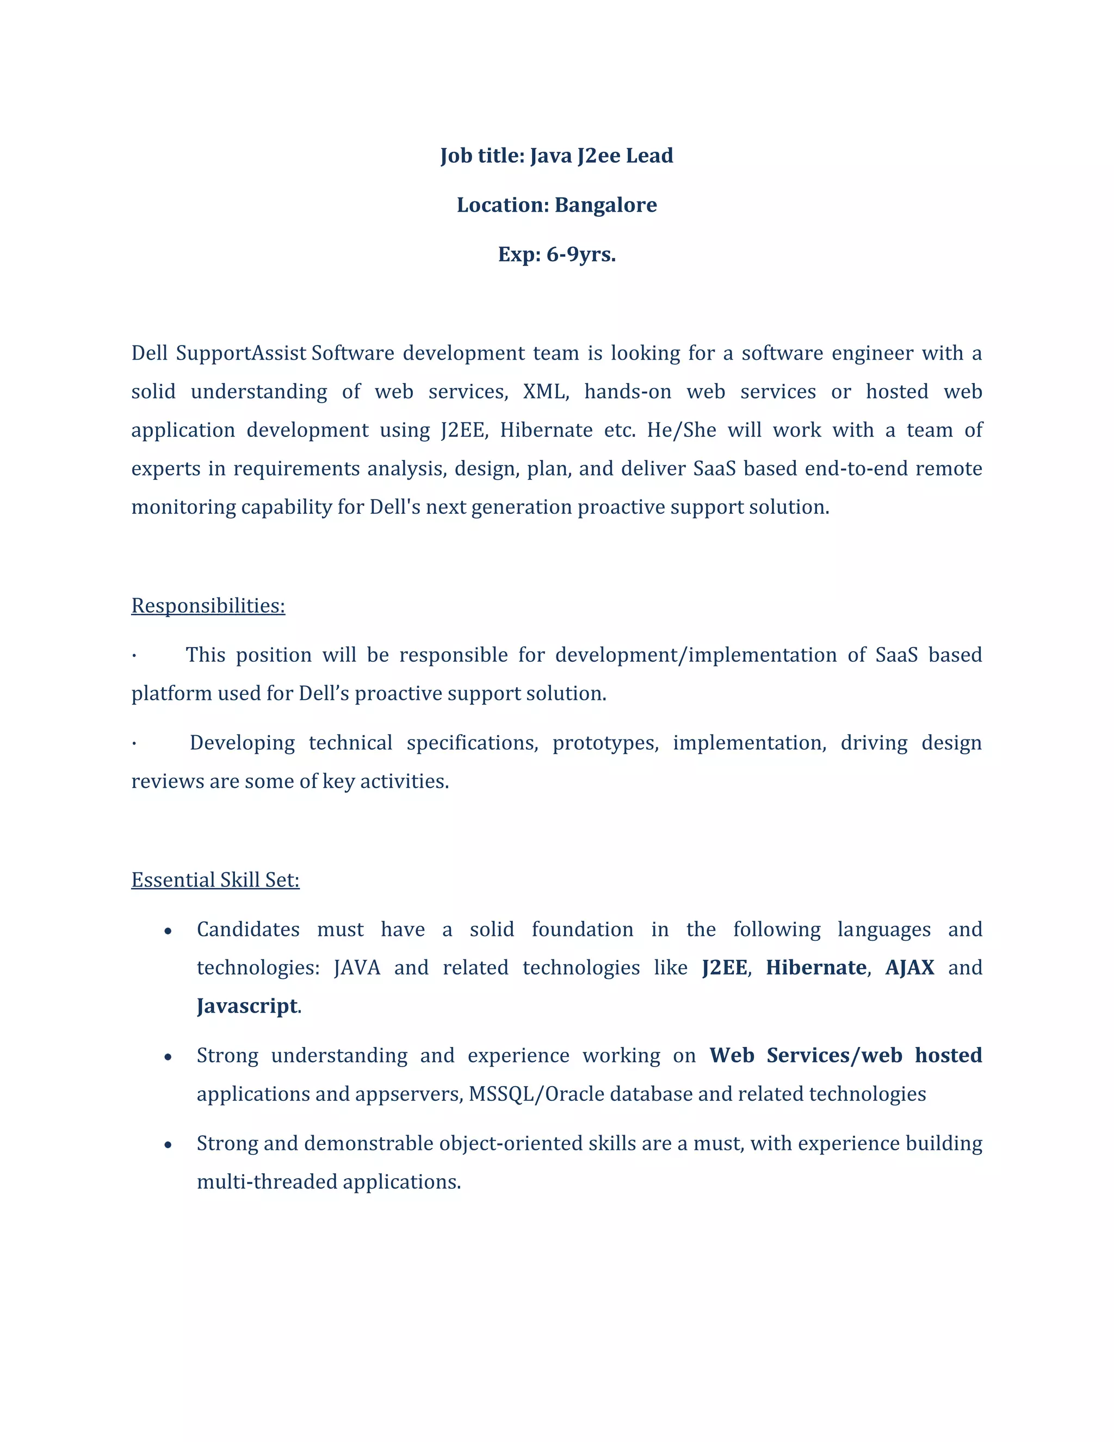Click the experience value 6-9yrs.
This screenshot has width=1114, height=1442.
click(x=581, y=254)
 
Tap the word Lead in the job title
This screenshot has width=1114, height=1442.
click(x=649, y=155)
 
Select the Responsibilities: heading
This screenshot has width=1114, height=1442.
click(x=208, y=606)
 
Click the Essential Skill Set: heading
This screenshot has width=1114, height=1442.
click(x=215, y=879)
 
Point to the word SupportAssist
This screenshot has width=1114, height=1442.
click(x=242, y=353)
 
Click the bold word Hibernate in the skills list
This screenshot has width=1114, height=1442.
click(x=816, y=968)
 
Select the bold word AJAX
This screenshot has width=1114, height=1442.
click(x=909, y=968)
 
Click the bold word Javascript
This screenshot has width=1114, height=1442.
click(x=247, y=1006)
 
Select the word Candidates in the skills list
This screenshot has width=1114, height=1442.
click(x=248, y=929)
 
